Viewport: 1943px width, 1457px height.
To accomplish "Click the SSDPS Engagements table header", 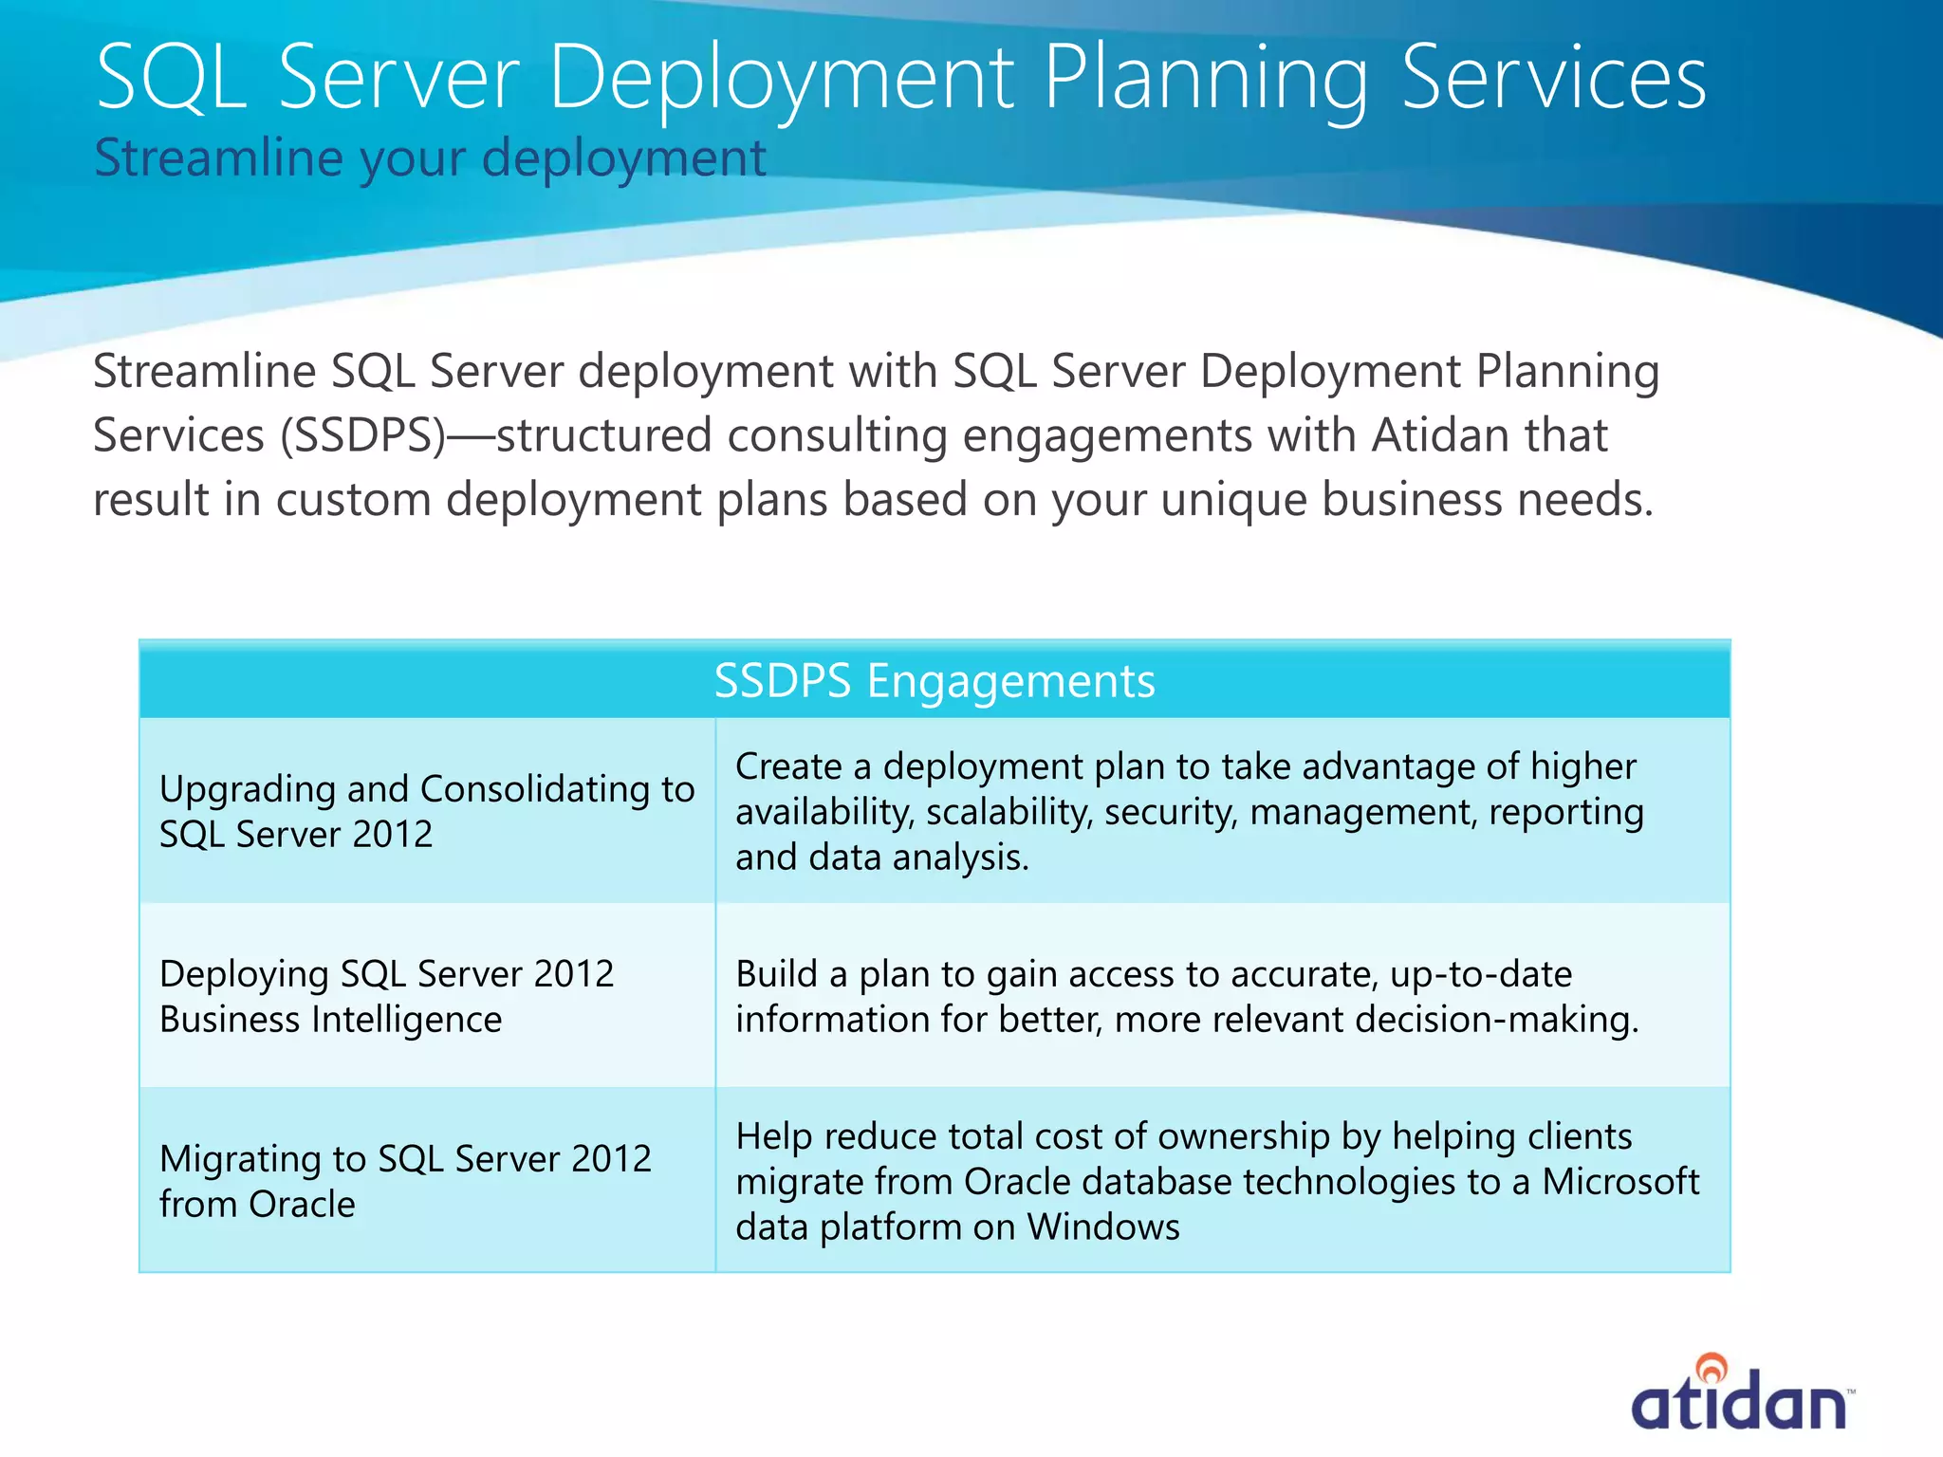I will [934, 681].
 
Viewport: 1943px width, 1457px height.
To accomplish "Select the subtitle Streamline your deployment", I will [430, 157].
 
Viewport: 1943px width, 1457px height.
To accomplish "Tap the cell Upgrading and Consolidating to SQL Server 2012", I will [427, 811].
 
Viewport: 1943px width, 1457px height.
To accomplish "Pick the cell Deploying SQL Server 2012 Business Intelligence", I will [387, 996].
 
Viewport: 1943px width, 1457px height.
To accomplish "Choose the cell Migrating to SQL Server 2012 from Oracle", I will [405, 1181].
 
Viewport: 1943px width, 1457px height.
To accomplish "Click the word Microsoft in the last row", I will [1620, 1182].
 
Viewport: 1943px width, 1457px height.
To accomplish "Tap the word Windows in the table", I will [1103, 1227].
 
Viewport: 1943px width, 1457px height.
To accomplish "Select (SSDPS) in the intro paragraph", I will [362, 436].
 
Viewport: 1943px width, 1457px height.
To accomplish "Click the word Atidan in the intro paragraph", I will [1440, 436].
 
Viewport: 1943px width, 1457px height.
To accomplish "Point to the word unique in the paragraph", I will [1232, 500].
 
